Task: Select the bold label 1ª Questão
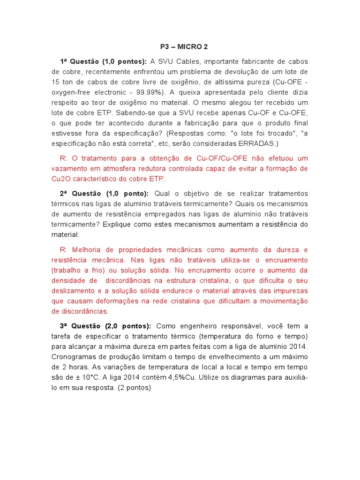click(77, 62)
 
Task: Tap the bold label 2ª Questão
click(77, 194)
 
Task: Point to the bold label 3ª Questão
click(77, 326)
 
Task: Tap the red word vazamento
click(69, 168)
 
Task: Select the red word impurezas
click(289, 291)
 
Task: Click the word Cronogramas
click(74, 357)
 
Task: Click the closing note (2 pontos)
click(134, 388)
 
